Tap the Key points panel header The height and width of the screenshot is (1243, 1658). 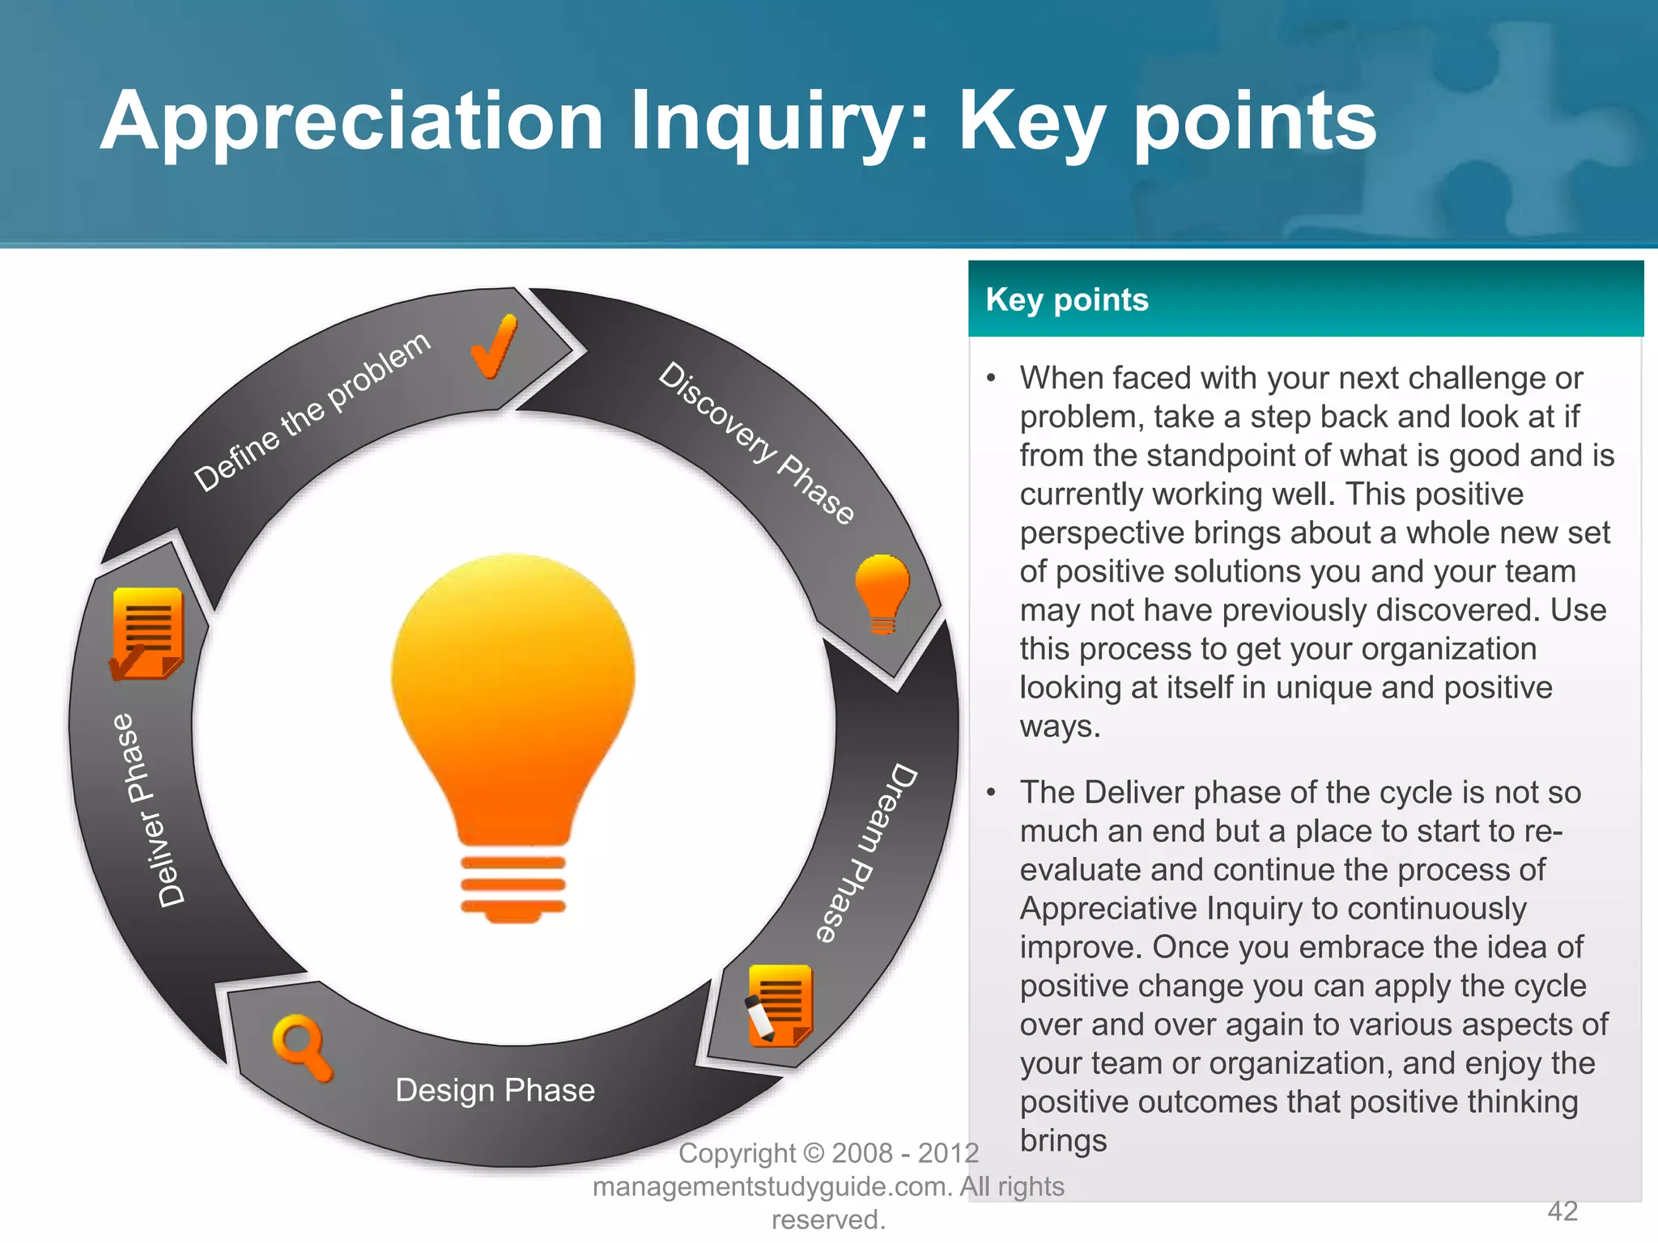point(1305,299)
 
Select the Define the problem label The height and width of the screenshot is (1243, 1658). point(312,412)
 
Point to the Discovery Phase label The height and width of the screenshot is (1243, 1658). point(756,443)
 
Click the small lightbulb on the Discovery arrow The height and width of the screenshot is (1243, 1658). point(882,592)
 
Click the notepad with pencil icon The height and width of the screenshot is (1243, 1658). point(778,1005)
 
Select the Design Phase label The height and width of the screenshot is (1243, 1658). point(495,1090)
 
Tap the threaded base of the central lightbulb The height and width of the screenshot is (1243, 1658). point(513,885)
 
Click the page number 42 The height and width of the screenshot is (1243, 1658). point(1562,1211)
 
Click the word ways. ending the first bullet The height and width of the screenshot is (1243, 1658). point(1059,726)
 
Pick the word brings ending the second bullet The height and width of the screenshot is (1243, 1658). point(1062,1140)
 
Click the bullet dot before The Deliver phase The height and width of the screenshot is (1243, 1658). point(991,793)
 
